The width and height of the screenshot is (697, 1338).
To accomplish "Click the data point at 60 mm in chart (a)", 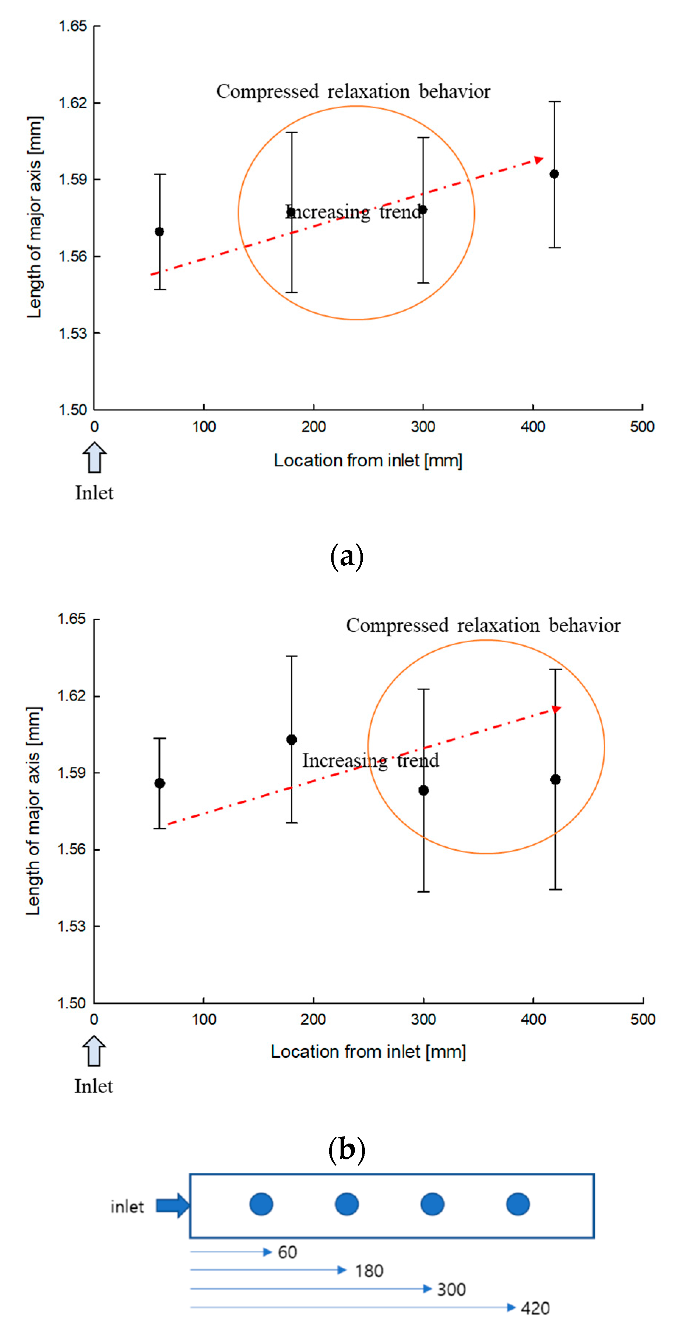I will pyautogui.click(x=159, y=232).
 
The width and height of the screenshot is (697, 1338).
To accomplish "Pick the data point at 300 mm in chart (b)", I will pyautogui.click(x=423, y=791).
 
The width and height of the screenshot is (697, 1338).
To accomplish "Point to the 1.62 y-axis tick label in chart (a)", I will pyautogui.click(x=73, y=103).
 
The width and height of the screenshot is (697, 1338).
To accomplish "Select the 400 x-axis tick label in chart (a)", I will pyautogui.click(x=533, y=427).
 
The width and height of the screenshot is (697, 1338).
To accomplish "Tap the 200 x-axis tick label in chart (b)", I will pyautogui.click(x=313, y=1019).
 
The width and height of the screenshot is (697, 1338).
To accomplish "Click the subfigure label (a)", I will pyautogui.click(x=346, y=556).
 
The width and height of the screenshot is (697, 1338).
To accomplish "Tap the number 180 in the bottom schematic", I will pyautogui.click(x=369, y=1271).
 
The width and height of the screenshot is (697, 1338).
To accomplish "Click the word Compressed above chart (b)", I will pyautogui.click(x=397, y=625).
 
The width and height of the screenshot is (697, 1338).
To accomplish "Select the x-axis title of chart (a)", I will pyautogui.click(x=368, y=461).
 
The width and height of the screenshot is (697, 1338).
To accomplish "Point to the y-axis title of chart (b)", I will pyautogui.click(x=33, y=811).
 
